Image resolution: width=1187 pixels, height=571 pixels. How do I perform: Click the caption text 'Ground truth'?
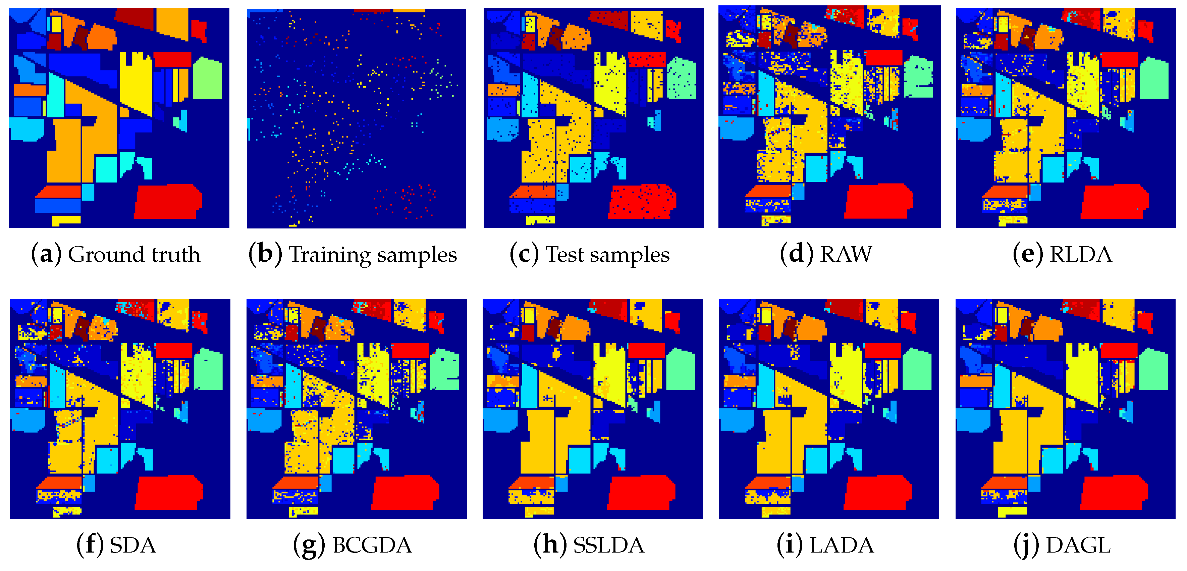click(x=133, y=254)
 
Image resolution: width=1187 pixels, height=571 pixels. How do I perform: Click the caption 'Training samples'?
click(x=372, y=254)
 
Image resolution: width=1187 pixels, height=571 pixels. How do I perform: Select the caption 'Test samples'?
click(x=607, y=254)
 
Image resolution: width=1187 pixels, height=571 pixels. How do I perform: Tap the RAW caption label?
click(x=846, y=254)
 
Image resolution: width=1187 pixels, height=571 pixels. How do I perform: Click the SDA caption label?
click(x=133, y=546)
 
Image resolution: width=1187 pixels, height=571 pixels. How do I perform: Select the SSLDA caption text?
click(x=608, y=546)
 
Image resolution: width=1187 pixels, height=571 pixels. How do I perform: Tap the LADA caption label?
click(x=842, y=546)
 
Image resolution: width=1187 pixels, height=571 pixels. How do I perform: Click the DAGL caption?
click(x=1078, y=546)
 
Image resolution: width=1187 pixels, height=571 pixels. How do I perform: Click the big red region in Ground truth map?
click(x=168, y=201)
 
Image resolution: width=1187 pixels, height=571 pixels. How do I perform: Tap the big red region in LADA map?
click(x=878, y=492)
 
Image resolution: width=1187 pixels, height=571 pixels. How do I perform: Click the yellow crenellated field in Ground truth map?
click(x=136, y=85)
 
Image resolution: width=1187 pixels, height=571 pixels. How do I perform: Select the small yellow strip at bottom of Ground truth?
click(x=66, y=220)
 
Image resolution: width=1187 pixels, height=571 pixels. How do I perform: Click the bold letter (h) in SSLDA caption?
click(x=550, y=546)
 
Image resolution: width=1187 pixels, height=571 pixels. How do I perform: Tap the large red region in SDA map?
click(x=168, y=492)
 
